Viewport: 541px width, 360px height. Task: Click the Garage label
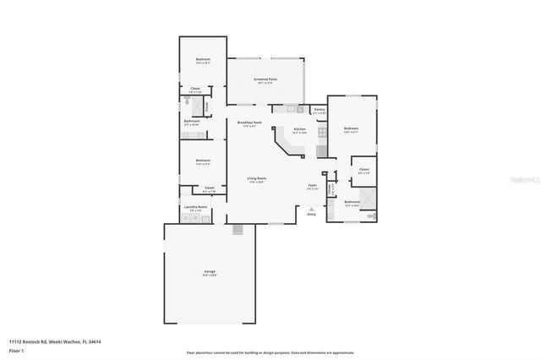(209, 272)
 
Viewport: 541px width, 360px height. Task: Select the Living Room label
(257, 178)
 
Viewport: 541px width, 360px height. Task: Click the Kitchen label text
(299, 129)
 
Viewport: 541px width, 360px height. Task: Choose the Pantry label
(320, 109)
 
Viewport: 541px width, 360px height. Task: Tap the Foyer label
(312, 185)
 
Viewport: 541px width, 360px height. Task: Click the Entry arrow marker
(311, 208)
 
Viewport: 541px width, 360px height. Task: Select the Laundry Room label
(195, 207)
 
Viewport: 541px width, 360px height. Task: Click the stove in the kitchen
(321, 131)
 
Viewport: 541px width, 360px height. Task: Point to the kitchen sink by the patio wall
(289, 109)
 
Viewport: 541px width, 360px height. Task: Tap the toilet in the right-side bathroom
(369, 216)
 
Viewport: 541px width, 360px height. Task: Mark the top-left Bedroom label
(203, 60)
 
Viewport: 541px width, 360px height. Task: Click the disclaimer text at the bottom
(270, 353)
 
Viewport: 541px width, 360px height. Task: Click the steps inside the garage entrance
(238, 229)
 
